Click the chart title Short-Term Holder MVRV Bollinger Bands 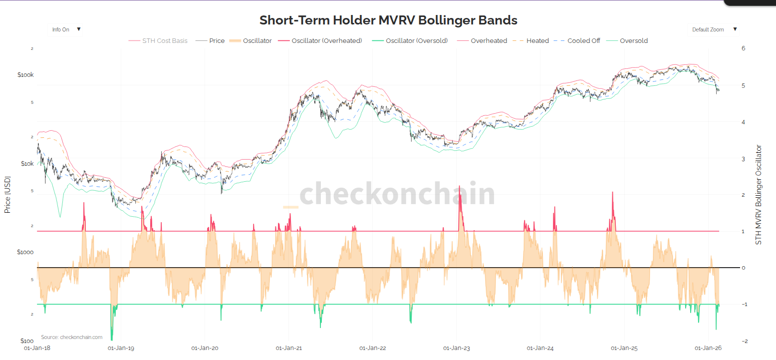click(x=388, y=20)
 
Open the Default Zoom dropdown click(x=714, y=29)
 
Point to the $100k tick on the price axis click(x=25, y=75)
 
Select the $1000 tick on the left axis click(x=25, y=252)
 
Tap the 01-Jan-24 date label click(x=540, y=348)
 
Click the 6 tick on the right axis click(x=743, y=48)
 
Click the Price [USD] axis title click(x=7, y=195)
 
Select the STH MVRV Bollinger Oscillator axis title click(x=759, y=195)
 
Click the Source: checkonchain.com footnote click(x=71, y=337)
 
